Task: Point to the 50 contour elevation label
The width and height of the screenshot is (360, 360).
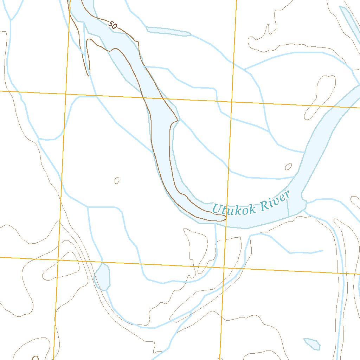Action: (x=112, y=25)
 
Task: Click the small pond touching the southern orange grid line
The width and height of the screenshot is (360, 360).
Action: (x=102, y=277)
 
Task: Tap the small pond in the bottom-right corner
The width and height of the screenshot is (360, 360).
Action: (x=312, y=343)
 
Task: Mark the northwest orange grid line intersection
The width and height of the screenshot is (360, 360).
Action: (x=66, y=94)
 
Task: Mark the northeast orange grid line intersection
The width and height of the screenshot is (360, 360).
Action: (x=232, y=102)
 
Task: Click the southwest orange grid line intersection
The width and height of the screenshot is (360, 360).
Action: (x=58, y=260)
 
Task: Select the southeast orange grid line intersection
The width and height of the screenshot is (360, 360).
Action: (x=224, y=268)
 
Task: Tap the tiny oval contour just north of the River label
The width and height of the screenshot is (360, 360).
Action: (x=289, y=166)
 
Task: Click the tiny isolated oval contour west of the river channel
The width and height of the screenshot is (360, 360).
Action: (x=117, y=181)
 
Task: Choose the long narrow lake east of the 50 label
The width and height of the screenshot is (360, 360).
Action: (x=168, y=32)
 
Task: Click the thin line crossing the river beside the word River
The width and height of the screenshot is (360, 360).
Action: (x=288, y=207)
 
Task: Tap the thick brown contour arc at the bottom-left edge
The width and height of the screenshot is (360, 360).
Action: (x=35, y=358)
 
